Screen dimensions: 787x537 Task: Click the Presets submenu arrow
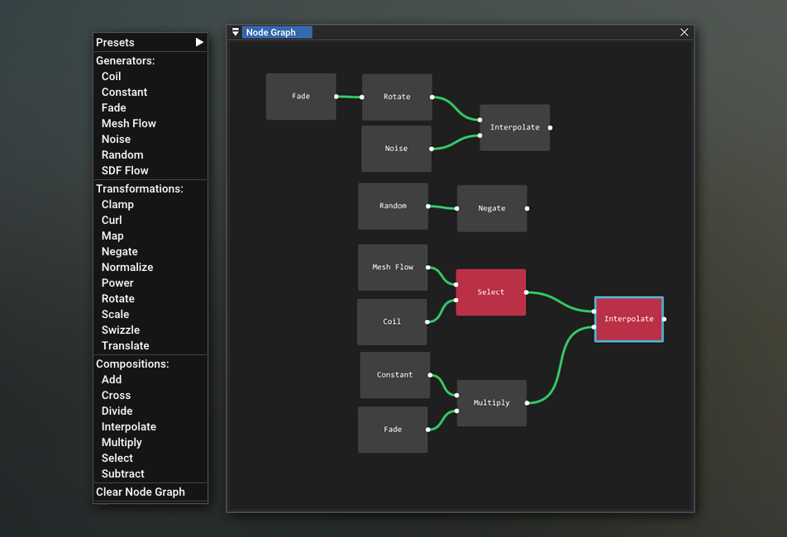(x=199, y=42)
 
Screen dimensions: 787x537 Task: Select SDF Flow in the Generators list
(x=125, y=170)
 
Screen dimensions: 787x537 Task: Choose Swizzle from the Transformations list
(x=121, y=330)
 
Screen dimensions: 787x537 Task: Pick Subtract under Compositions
(x=123, y=474)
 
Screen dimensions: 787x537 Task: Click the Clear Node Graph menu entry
(x=141, y=492)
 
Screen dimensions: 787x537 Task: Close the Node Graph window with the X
(x=684, y=32)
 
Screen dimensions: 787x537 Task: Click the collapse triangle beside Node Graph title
(x=236, y=32)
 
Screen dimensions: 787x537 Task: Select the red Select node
(x=491, y=292)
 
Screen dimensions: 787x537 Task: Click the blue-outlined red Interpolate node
(x=629, y=320)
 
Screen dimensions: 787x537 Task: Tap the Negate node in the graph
(x=492, y=208)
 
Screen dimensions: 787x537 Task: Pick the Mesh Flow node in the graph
(x=393, y=267)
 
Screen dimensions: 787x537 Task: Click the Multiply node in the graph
(x=492, y=403)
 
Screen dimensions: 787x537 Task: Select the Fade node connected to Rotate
(x=301, y=97)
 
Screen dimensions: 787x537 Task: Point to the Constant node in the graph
(x=395, y=375)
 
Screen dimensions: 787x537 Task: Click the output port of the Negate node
(x=527, y=208)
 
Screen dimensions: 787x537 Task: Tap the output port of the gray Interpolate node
(x=550, y=128)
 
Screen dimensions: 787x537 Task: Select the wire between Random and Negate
(x=442, y=207)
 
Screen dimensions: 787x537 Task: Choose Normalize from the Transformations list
(x=127, y=267)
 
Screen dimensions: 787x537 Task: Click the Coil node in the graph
(x=392, y=322)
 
